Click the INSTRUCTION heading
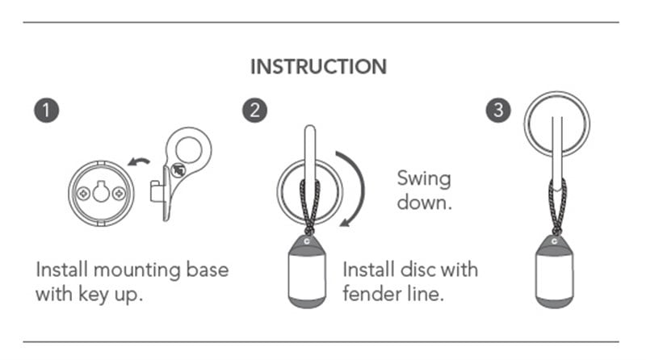319,67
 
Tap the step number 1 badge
47,110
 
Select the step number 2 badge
254,110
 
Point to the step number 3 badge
498,110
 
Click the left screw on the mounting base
84,193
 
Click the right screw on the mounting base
119,193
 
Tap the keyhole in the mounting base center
102,191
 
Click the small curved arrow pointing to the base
139,161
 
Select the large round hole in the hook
189,149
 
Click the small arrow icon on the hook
178,170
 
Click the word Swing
424,179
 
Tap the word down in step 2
425,203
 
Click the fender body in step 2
308,271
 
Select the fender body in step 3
555,271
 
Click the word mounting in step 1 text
137,271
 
